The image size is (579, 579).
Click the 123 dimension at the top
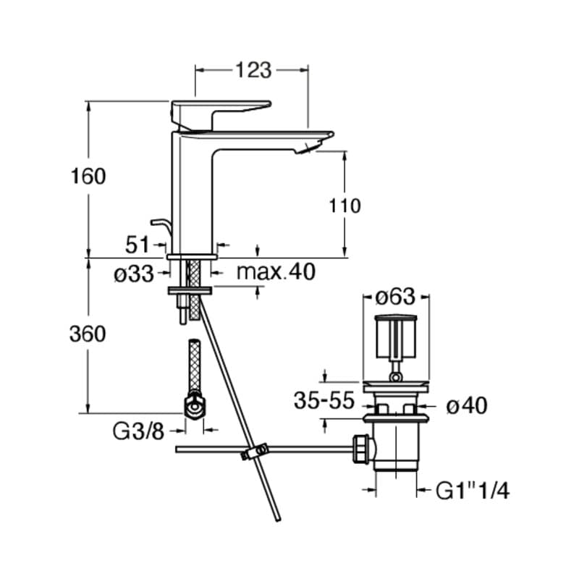[253, 70]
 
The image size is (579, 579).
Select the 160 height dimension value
[88, 176]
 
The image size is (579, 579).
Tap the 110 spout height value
[345, 206]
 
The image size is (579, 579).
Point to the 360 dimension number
[88, 334]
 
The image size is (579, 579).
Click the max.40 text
[276, 272]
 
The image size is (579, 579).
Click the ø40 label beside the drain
[467, 407]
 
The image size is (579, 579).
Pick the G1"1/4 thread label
[473, 491]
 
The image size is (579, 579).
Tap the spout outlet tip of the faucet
[307, 149]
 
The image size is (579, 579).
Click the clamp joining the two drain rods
[253, 452]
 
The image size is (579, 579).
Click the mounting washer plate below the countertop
[190, 290]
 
